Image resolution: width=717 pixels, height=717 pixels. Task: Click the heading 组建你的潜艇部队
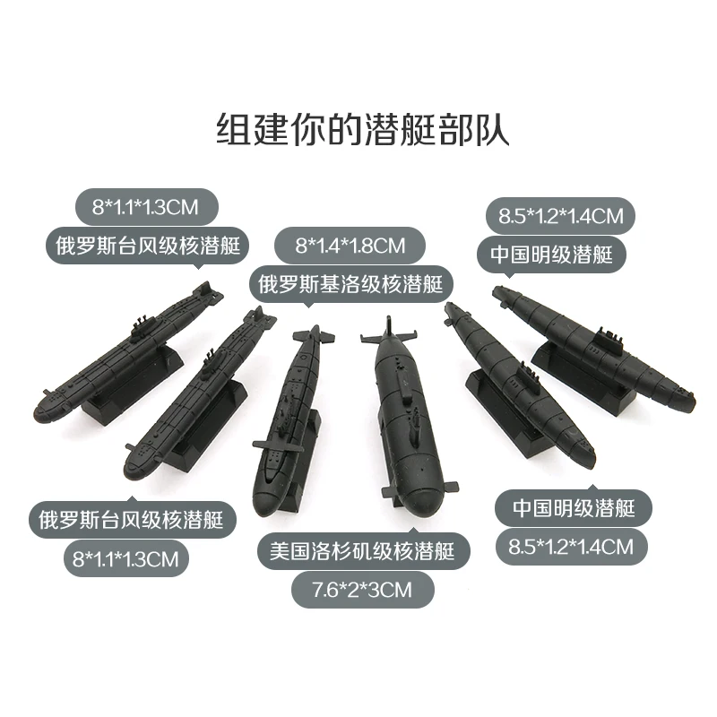(363, 130)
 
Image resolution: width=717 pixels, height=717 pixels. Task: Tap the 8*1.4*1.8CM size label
(350, 246)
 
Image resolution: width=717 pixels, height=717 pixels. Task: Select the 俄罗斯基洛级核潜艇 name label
(350, 284)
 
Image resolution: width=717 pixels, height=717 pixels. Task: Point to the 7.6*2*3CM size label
(363, 590)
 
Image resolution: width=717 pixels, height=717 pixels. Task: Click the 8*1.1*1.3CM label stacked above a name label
(146, 207)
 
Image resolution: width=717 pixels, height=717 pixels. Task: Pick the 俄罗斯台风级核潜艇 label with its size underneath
(132, 520)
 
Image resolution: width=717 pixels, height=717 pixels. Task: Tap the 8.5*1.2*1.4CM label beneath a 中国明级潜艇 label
(572, 547)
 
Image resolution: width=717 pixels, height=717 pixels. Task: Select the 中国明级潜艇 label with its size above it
(551, 255)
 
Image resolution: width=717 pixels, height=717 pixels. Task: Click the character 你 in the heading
(307, 130)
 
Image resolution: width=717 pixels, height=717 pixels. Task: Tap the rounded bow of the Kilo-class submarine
(270, 497)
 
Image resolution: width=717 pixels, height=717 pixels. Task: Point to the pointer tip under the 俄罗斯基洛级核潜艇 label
(308, 306)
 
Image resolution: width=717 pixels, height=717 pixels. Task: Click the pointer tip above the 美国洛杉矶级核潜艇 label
(413, 529)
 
